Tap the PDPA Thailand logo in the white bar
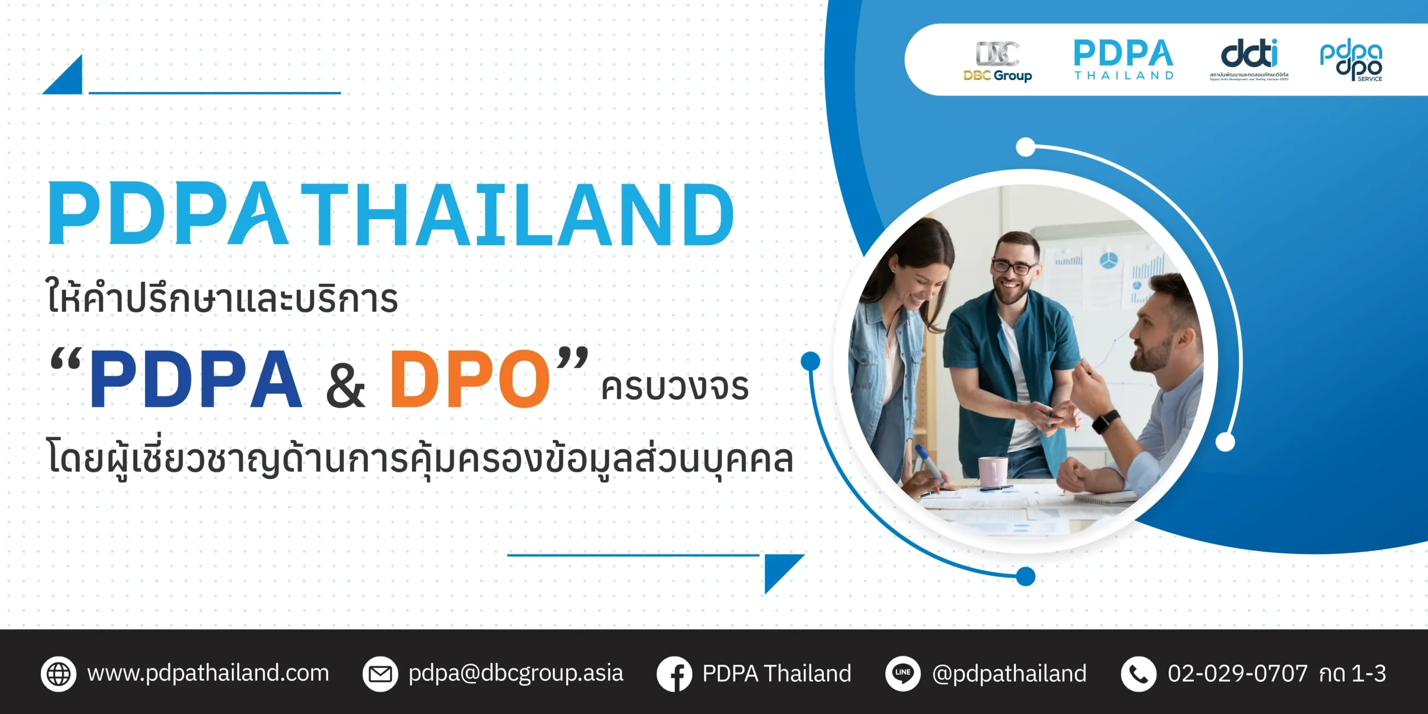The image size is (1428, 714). point(1123,59)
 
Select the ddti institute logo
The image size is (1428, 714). point(1249,59)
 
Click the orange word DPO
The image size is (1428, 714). point(470,379)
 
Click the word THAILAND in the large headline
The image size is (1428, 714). point(518,215)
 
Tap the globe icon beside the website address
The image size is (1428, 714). point(59,674)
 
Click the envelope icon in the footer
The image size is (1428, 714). point(380,674)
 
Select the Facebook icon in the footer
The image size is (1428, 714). point(674,674)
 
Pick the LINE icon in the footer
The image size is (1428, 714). point(903,673)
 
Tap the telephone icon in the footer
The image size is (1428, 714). point(1138,674)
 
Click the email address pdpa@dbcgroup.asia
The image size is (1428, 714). point(515,674)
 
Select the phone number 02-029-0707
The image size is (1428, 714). point(1237,674)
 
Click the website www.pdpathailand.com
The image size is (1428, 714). point(208,673)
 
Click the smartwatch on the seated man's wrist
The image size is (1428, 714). point(1105,421)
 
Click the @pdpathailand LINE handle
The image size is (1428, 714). point(1009,674)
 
